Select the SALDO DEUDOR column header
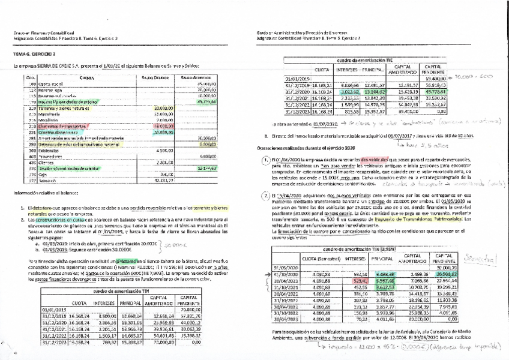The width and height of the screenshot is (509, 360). point(155,77)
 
